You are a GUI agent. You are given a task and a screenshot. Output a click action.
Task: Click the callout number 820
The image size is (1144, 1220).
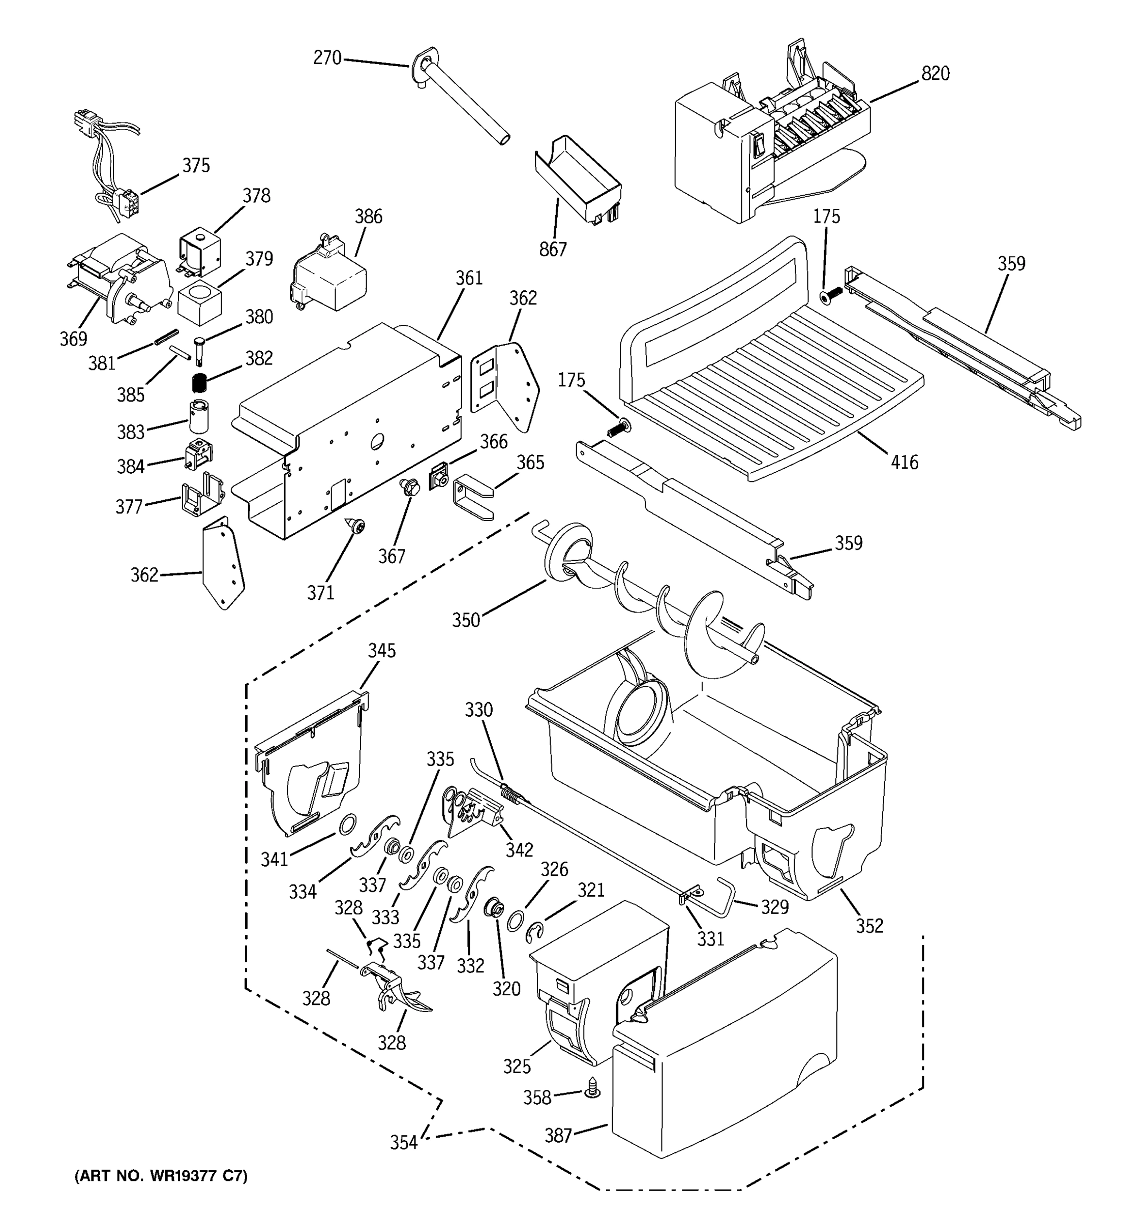935,74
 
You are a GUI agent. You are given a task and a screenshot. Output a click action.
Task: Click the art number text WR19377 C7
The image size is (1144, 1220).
161,1176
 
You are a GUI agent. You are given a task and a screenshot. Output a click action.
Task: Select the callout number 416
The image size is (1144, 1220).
905,462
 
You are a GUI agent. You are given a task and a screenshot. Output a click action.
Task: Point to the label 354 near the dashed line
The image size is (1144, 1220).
404,1142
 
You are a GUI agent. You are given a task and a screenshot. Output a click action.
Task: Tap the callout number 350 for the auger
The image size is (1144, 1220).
466,620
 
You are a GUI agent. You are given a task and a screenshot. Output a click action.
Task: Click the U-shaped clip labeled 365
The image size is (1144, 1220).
472,497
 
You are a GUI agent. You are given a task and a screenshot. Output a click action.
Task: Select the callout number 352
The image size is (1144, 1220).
869,926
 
